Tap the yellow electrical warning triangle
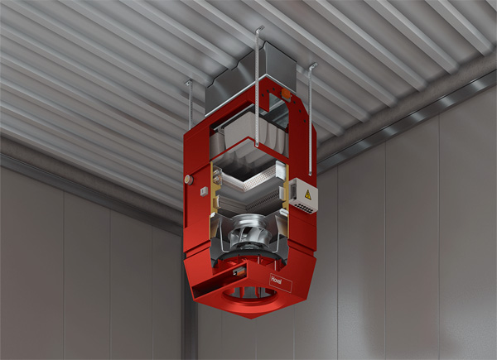point(308,194)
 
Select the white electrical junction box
point(302,195)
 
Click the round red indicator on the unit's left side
point(189,180)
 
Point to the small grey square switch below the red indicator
point(204,191)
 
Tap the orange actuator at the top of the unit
point(286,94)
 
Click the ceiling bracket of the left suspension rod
point(189,83)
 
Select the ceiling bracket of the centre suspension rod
point(259,29)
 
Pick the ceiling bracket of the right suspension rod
point(312,66)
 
